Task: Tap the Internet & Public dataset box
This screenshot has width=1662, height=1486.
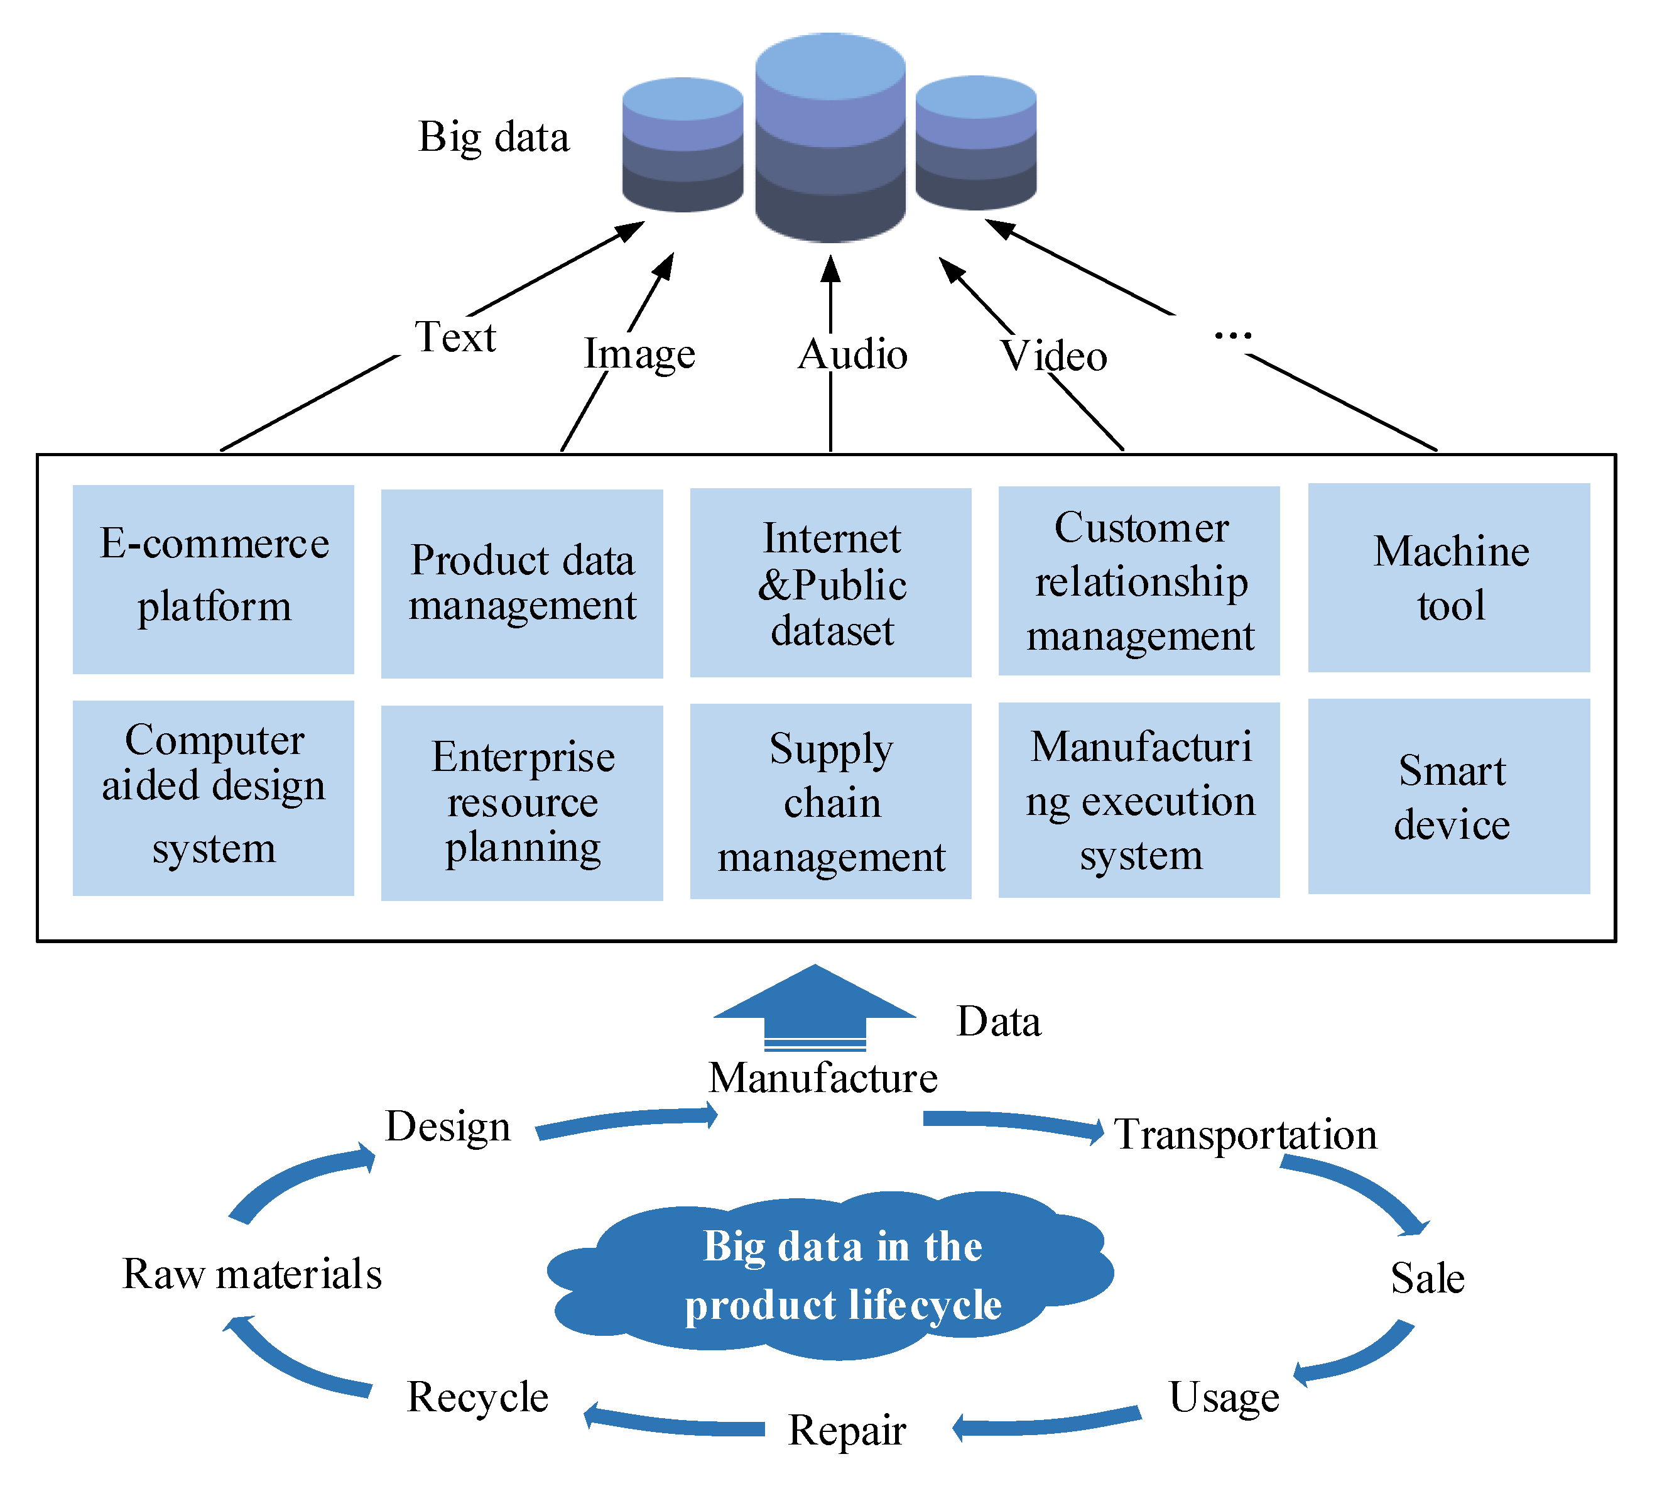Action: [830, 582]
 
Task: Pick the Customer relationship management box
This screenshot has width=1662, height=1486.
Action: [1139, 581]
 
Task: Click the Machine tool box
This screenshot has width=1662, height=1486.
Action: [1449, 577]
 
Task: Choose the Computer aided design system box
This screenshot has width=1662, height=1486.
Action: [213, 798]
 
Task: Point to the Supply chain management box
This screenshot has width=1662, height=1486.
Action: [830, 801]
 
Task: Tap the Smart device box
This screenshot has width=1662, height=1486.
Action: [1449, 796]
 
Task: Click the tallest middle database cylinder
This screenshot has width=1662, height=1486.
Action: [830, 139]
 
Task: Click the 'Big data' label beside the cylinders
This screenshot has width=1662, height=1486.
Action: [493, 137]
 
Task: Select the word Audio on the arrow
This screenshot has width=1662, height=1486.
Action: [852, 354]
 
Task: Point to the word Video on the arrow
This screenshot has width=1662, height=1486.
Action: [1054, 356]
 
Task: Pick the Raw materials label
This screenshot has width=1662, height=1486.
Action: [253, 1274]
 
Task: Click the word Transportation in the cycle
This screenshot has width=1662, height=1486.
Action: [1245, 1134]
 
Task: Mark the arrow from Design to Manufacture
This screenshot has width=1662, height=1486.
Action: [627, 1120]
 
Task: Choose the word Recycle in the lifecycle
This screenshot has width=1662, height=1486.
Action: [477, 1396]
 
